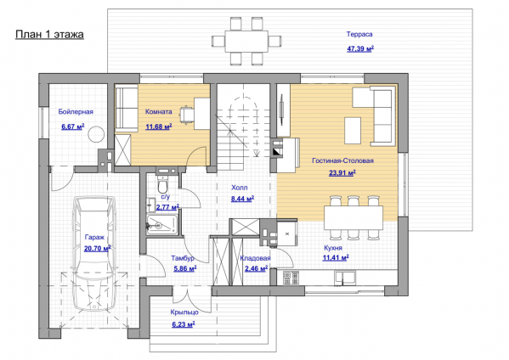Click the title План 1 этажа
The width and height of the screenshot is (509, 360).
pos(49,34)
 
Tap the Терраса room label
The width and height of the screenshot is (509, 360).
pos(359,34)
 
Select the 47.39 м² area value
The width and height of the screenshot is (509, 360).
pos(360,49)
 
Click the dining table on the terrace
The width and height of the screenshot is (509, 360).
pos(246,42)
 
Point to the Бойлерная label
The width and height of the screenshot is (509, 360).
pos(76,111)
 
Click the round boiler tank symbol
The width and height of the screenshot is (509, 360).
pos(96,134)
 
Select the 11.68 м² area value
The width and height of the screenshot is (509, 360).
pos(158,127)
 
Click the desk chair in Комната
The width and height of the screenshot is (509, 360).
pos(186,114)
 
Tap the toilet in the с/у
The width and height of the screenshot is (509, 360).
pos(162,185)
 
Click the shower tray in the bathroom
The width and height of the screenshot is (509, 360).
pos(162,224)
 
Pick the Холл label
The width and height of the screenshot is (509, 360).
pos(240,188)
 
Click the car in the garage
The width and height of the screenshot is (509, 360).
pos(94,254)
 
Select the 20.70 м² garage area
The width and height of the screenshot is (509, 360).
pos(98,249)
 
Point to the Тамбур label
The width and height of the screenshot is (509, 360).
pos(183,258)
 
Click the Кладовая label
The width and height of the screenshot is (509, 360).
pos(255,258)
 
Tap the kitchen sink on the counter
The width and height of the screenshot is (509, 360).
pos(345,278)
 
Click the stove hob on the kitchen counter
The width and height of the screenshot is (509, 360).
pos(291,278)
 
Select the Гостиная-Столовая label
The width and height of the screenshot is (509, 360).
pos(342,160)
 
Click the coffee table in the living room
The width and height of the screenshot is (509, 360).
pos(353,131)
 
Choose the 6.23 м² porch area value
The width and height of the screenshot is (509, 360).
pos(184,324)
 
